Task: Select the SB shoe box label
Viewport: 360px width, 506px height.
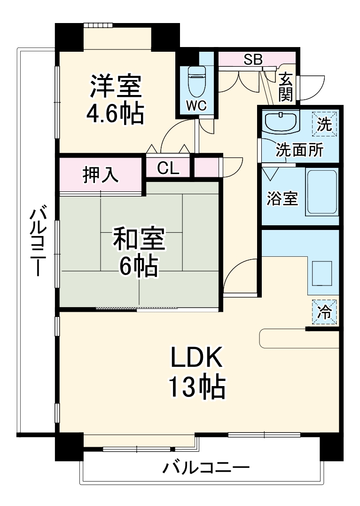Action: pyautogui.click(x=253, y=59)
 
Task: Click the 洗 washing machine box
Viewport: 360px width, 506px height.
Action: pyautogui.click(x=325, y=124)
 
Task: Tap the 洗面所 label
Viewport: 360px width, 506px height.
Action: pyautogui.click(x=299, y=150)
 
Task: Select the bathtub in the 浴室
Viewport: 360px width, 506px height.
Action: pyautogui.click(x=321, y=192)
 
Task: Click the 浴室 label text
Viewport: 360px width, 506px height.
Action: pyautogui.click(x=282, y=198)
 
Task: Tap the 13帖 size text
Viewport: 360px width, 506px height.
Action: pyautogui.click(x=197, y=387)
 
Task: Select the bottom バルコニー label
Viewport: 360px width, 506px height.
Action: pyautogui.click(x=206, y=468)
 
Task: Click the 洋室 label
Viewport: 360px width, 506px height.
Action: pyautogui.click(x=116, y=87)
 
